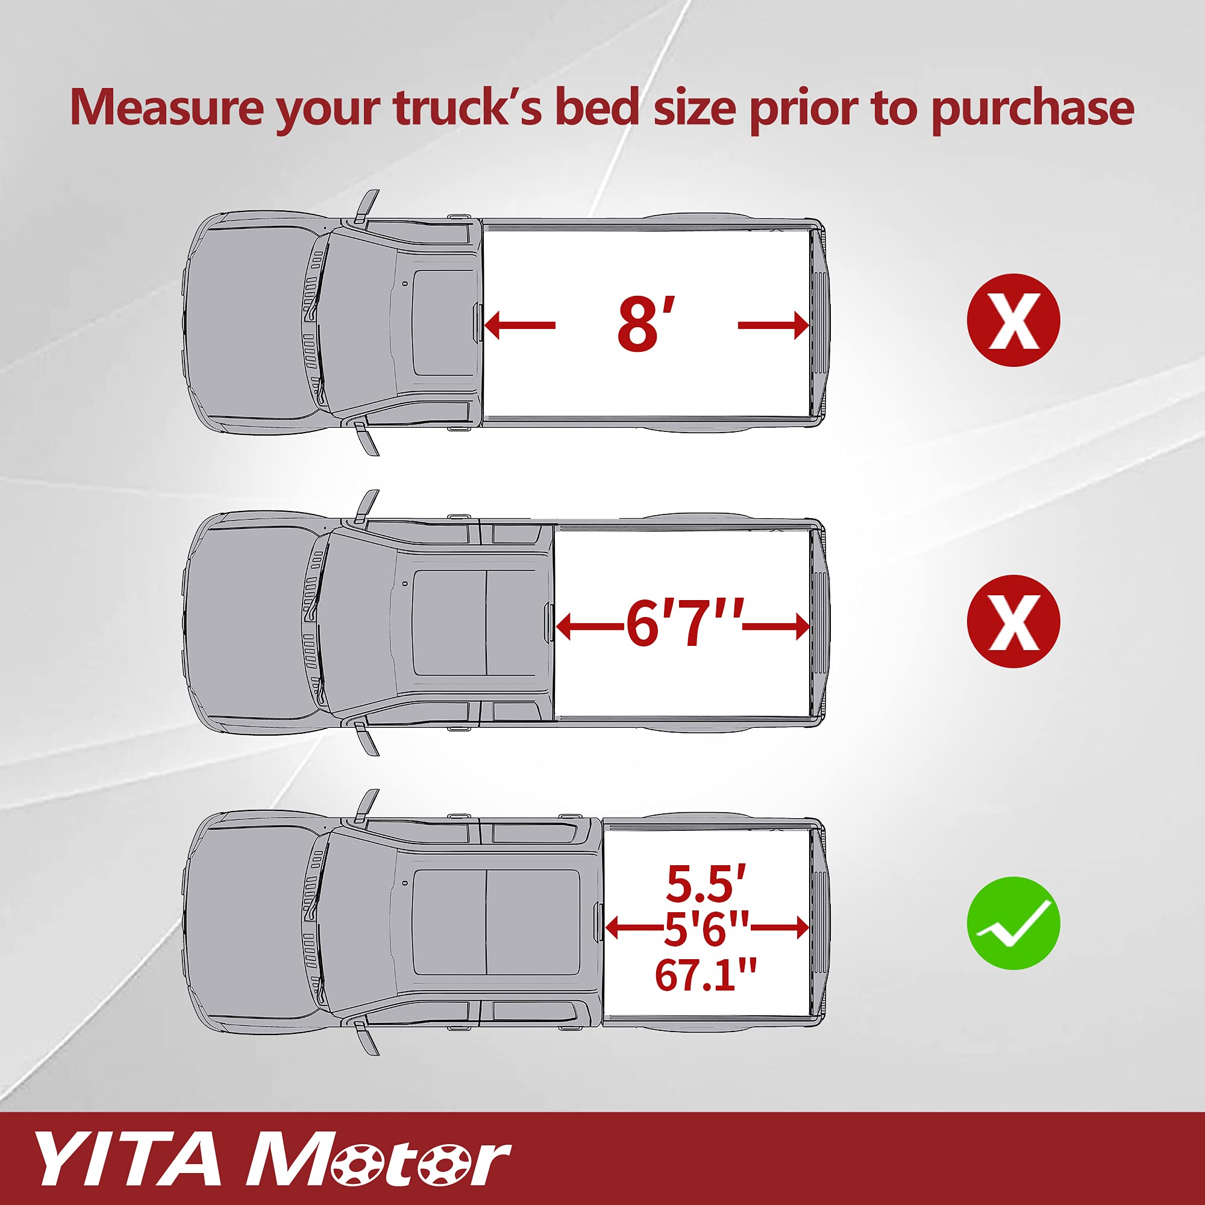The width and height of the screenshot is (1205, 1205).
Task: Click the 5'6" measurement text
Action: click(706, 928)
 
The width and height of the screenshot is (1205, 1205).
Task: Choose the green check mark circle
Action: click(1013, 923)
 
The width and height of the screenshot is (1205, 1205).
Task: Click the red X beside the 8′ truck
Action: click(1013, 320)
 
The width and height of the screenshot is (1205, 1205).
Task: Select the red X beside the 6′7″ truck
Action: click(1013, 621)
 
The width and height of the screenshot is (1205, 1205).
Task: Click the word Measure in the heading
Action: click(166, 107)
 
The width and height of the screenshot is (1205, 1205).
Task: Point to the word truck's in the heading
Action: click(468, 107)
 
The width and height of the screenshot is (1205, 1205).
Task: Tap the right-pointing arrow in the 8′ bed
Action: click(774, 325)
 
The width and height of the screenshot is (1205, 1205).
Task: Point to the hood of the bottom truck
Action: click(249, 923)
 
